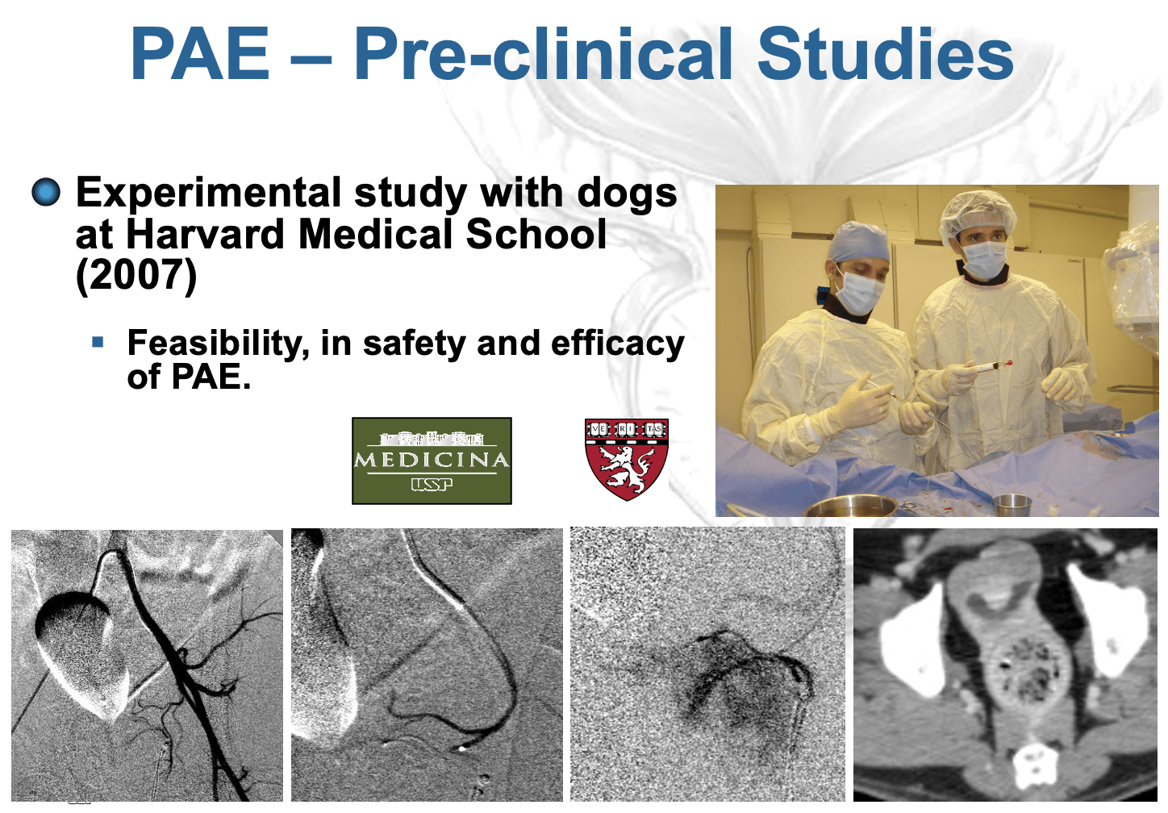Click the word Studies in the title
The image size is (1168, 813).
tap(885, 54)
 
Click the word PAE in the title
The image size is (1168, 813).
tap(200, 54)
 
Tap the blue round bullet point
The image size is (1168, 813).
tap(46, 192)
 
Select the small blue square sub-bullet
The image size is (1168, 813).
tap(98, 342)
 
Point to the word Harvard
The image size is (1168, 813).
tap(206, 234)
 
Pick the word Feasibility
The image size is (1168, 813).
tap(219, 344)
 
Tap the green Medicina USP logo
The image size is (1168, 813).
tap(432, 461)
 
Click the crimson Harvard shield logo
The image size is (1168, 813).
tap(627, 460)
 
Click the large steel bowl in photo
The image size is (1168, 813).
tap(849, 506)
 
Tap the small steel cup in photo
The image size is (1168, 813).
tap(1012, 504)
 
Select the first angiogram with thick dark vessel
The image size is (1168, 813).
tap(147, 665)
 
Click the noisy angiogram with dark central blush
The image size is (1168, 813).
tap(707, 665)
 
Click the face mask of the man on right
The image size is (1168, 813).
tap(983, 259)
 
